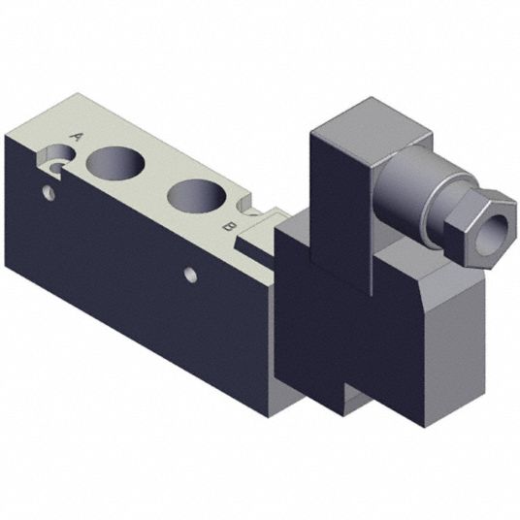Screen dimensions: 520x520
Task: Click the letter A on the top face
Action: [x=77, y=137]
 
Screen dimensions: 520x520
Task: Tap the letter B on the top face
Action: [x=230, y=227]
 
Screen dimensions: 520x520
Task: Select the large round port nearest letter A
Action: [x=115, y=164]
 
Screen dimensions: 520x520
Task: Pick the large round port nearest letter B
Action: [x=197, y=196]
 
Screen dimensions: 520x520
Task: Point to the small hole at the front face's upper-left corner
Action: [x=49, y=193]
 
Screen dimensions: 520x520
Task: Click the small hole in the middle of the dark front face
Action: [x=191, y=276]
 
